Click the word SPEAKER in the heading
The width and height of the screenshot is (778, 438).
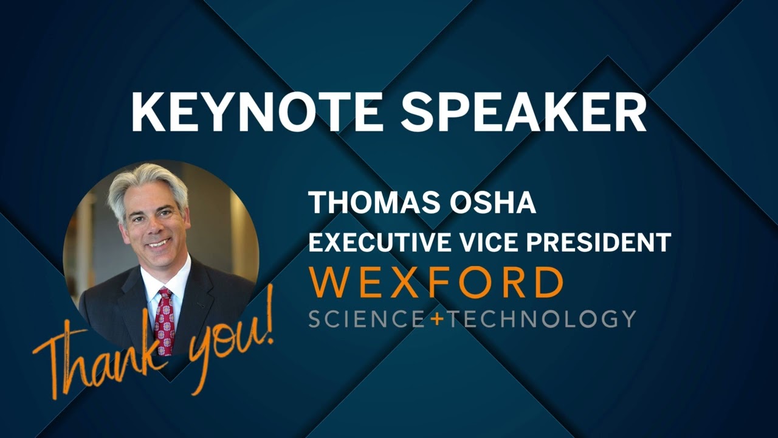pos(524,113)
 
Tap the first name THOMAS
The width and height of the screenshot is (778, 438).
pos(373,203)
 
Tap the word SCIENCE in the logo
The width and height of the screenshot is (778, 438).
pos(367,319)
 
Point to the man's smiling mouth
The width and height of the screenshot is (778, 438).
pos(159,243)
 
